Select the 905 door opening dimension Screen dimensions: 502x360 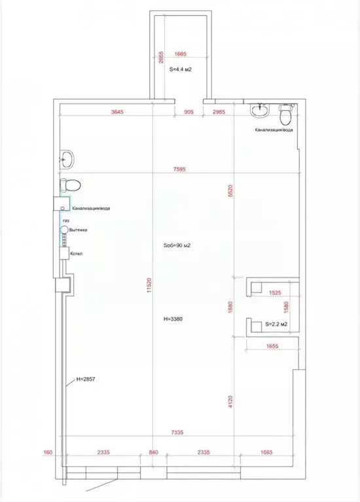tap(189, 112)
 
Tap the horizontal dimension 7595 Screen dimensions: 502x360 tap(181, 168)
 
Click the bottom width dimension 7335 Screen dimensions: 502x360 tap(181, 432)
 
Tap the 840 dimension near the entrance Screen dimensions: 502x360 tap(153, 451)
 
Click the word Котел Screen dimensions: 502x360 tap(76, 253)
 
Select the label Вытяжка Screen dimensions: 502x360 tap(78, 231)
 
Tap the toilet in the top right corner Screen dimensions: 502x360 tap(285, 117)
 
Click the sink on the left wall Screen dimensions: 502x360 tap(67, 157)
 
